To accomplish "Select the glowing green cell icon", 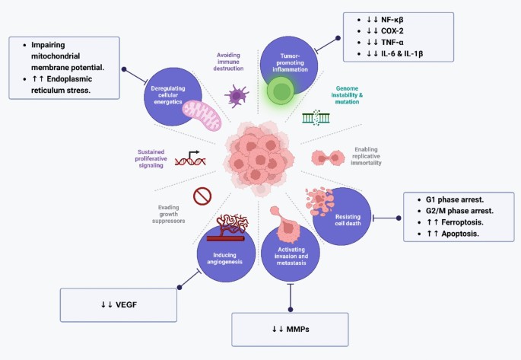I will [x=281, y=91].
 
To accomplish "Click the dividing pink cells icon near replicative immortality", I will [x=330, y=157].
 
